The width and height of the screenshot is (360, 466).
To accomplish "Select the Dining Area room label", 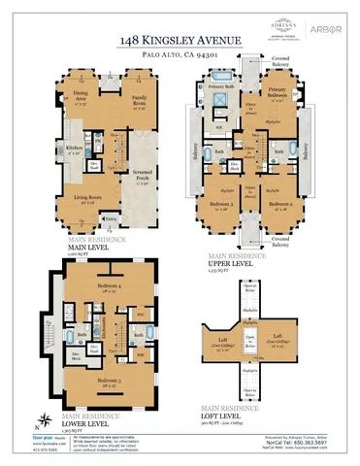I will (82, 96).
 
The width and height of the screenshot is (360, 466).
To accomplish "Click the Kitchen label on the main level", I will (74, 149).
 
